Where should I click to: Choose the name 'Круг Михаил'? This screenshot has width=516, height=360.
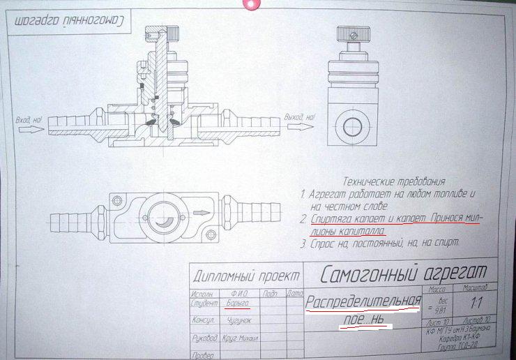(238, 338)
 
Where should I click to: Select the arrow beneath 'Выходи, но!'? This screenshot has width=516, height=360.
(298, 128)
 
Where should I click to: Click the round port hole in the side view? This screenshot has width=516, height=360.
(354, 126)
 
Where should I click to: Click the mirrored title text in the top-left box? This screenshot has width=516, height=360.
(68, 20)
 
